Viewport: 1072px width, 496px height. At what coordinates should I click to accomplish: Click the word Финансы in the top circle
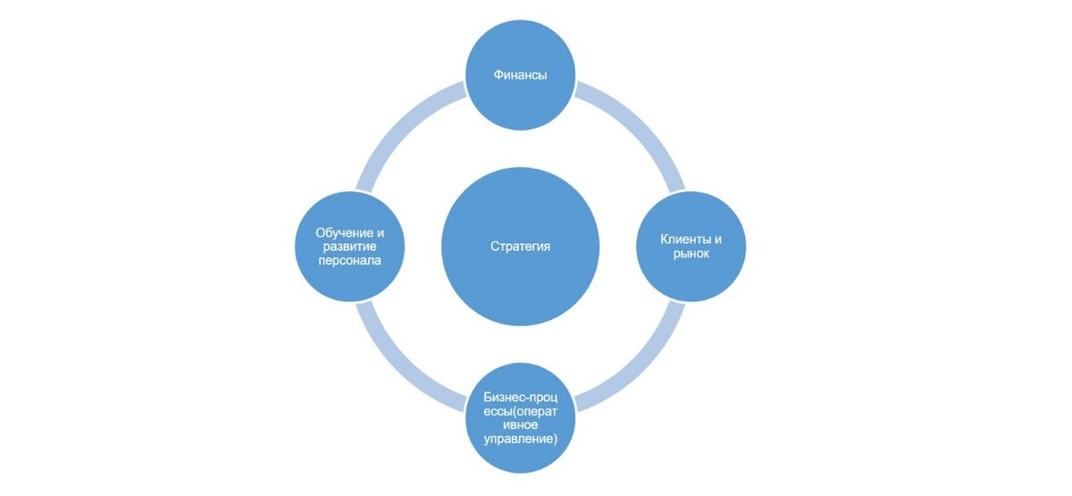(x=520, y=75)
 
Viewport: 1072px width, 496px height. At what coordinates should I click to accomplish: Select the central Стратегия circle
(x=520, y=247)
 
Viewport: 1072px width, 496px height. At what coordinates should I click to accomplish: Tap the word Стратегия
(x=520, y=246)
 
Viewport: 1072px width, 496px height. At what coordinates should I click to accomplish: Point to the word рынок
(x=691, y=254)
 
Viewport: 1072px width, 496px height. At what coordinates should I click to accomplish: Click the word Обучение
(x=344, y=232)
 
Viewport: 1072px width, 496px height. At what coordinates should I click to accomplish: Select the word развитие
(x=349, y=247)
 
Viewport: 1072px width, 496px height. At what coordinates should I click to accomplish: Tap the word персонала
(x=349, y=260)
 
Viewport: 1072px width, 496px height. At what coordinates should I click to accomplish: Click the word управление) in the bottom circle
(x=520, y=439)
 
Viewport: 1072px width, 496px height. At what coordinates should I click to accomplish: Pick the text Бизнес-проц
(x=520, y=397)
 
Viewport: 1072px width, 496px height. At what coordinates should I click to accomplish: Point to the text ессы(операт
(x=520, y=411)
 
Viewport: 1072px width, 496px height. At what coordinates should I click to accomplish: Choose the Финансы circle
(x=520, y=75)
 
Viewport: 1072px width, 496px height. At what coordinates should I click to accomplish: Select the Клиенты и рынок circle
(x=691, y=247)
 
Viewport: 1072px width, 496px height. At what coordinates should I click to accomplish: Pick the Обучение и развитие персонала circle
(x=350, y=247)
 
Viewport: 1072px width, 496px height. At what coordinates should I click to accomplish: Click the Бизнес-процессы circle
(x=520, y=418)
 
